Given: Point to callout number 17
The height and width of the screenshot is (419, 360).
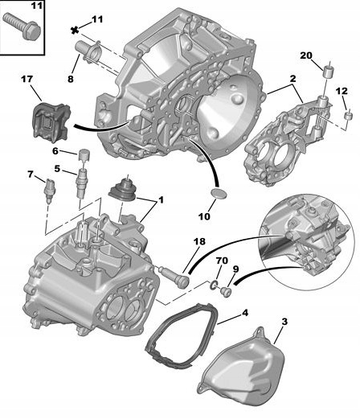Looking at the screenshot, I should coord(26,79).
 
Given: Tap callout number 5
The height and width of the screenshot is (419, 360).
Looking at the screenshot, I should coord(57,168).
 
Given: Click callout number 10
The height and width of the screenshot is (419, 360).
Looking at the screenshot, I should coord(205,217).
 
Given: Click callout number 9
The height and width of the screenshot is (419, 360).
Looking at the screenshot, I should coord(235,269).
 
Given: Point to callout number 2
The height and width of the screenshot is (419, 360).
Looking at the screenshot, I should coord(293,80).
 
